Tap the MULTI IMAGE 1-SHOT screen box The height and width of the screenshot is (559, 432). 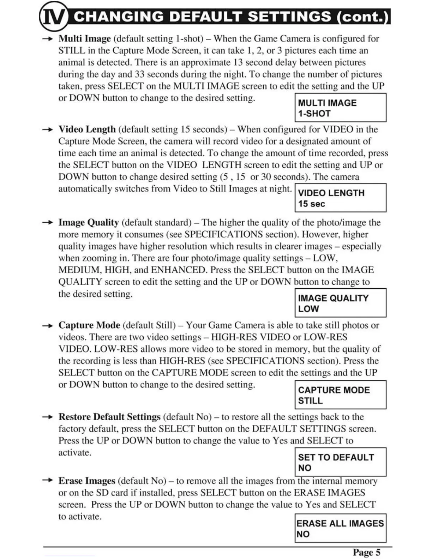tap(340, 108)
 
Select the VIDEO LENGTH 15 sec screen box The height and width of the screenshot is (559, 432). tap(340, 198)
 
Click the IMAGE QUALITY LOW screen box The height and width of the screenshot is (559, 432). tap(340, 303)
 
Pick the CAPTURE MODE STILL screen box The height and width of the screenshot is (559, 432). tap(340, 395)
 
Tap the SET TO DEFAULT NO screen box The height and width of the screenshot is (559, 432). tap(340, 462)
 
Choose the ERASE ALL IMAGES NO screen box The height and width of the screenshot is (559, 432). tap(340, 528)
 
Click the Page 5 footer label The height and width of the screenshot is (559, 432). tap(366, 552)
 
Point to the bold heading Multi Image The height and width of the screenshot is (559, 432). tap(85, 38)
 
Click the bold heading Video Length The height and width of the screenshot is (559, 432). tap(87, 129)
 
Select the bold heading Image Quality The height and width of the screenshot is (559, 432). tap(89, 222)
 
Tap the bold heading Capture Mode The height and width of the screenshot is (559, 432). tap(89, 325)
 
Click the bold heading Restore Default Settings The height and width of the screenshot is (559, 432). tap(109, 417)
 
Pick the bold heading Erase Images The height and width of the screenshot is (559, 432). tap(87, 481)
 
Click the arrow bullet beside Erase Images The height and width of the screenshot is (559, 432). tap(47, 480)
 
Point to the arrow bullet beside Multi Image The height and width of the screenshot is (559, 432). tap(47, 38)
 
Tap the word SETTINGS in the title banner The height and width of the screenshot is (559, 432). tap(289, 17)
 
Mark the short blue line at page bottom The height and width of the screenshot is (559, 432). tap(70, 556)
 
